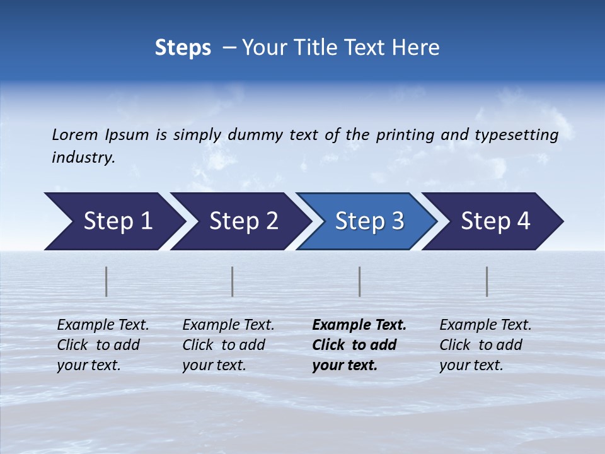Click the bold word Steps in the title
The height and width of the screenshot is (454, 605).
click(x=183, y=48)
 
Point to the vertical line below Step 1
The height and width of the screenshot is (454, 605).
click(x=107, y=281)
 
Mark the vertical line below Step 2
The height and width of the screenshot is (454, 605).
click(x=233, y=281)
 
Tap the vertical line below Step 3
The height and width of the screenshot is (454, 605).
click(x=359, y=281)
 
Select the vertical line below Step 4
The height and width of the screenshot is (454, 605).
click(x=487, y=281)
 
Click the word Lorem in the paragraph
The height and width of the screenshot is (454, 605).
click(x=74, y=135)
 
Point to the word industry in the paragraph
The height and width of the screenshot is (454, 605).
click(x=83, y=158)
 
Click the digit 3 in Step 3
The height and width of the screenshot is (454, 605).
click(x=397, y=221)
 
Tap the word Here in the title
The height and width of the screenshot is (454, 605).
click(x=418, y=48)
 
